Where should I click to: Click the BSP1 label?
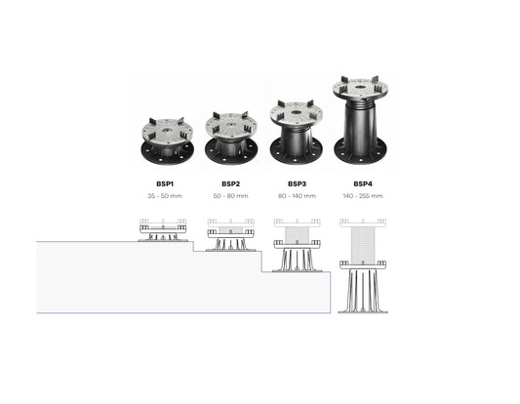click(x=165, y=183)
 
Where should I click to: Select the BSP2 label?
click(x=231, y=183)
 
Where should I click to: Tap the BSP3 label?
click(x=297, y=183)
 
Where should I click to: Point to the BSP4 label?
click(x=363, y=183)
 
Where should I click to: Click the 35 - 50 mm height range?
click(x=165, y=196)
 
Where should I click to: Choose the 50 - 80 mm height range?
click(x=231, y=196)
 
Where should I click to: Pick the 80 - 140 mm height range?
click(x=297, y=196)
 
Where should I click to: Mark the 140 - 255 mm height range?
click(x=363, y=196)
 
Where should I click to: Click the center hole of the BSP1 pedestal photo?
click(x=168, y=131)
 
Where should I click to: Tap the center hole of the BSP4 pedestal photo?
click(x=360, y=88)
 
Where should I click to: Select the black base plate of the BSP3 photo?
click(x=297, y=154)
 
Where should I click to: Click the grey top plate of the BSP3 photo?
click(x=297, y=115)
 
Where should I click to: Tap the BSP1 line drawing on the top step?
click(x=163, y=230)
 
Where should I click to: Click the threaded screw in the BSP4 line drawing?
click(x=363, y=244)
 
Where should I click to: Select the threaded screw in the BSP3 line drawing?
click(x=297, y=234)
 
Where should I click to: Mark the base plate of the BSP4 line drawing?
click(x=363, y=312)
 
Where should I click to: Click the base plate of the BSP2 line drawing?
click(x=231, y=250)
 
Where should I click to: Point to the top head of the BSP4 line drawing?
click(x=363, y=222)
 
